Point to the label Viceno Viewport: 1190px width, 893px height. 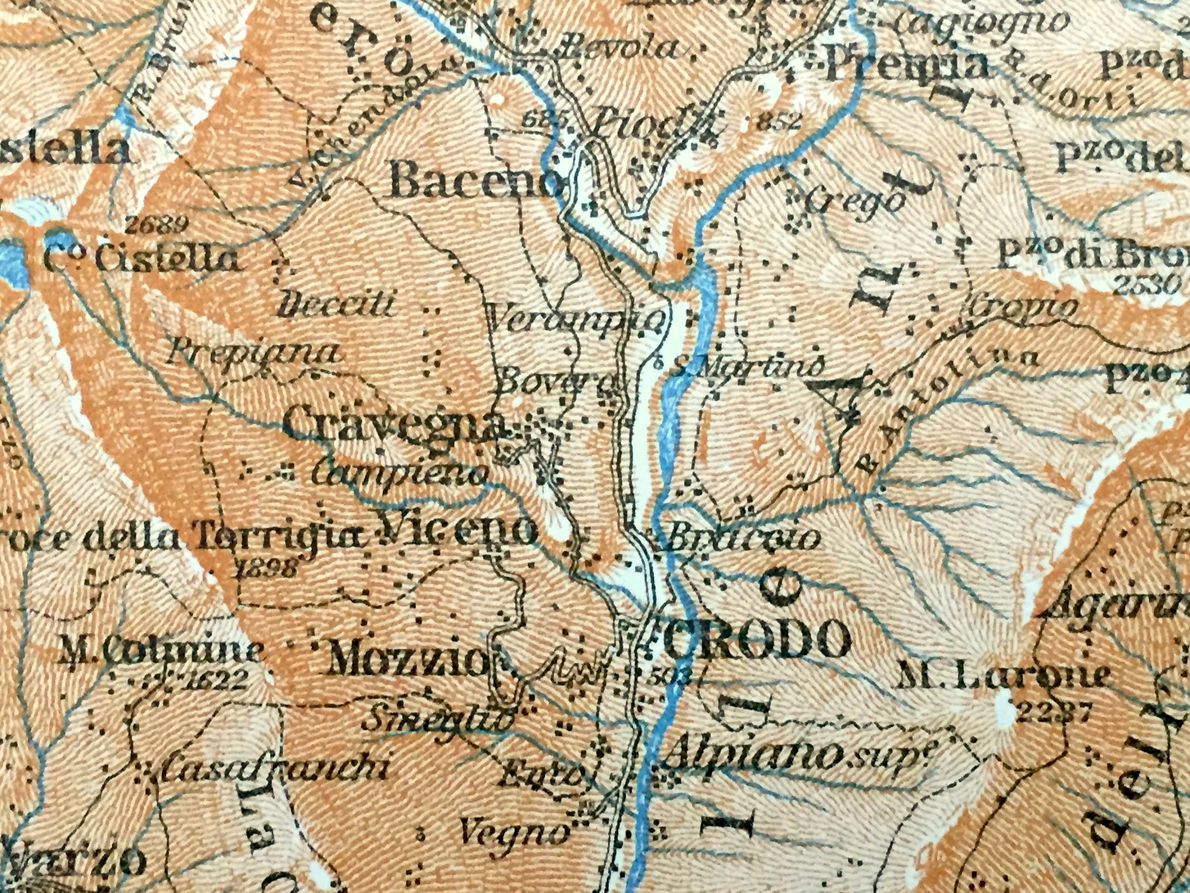pyautogui.click(x=457, y=531)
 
